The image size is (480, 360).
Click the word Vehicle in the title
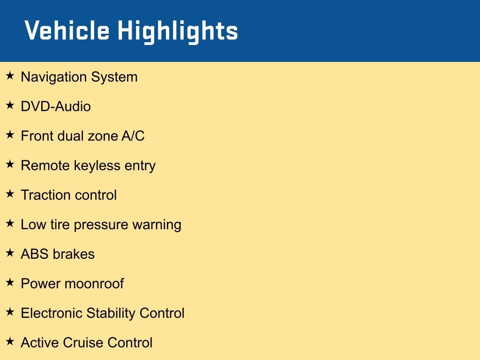(x=67, y=31)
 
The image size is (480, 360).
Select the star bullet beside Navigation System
(x=10, y=75)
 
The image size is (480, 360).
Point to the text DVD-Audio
(x=56, y=106)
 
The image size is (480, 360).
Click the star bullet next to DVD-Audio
(x=10, y=105)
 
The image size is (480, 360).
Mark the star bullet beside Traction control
(x=10, y=194)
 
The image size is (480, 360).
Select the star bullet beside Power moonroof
(x=10, y=282)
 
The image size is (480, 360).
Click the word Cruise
(x=82, y=343)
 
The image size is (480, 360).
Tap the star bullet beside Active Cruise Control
(x=10, y=341)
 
